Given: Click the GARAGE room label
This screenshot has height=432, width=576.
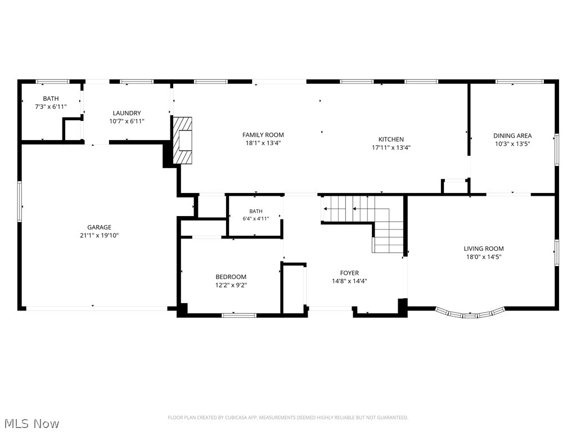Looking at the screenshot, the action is coord(99,227).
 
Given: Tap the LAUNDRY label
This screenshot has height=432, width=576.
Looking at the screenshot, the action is coord(127,113).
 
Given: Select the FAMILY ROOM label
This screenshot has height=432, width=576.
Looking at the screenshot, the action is coord(263,135).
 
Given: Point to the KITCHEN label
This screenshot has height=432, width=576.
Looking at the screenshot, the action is coord(391,139).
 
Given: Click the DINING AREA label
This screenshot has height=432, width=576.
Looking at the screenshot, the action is coord(512,136).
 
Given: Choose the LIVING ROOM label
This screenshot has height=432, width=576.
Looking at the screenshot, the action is coord(483,249).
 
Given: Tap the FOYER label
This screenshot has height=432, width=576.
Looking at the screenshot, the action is coord(349,273).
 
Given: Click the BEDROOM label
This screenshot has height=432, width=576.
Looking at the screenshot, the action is coord(231,277).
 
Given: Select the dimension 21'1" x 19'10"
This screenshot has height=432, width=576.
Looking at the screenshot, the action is coord(99,236).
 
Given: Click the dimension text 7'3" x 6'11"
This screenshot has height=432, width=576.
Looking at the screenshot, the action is coord(51,106).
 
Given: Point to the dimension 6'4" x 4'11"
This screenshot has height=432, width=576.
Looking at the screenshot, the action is coord(256,219).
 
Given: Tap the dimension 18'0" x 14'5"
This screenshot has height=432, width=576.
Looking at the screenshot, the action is coord(483,256).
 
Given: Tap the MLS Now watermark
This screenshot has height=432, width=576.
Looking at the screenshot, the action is coord(30,424).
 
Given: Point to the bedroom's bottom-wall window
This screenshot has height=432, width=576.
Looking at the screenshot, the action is coord(239,315).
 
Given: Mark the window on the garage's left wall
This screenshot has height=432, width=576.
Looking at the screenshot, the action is coord(20,201).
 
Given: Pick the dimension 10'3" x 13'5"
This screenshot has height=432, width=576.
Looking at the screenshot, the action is coord(512,143).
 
